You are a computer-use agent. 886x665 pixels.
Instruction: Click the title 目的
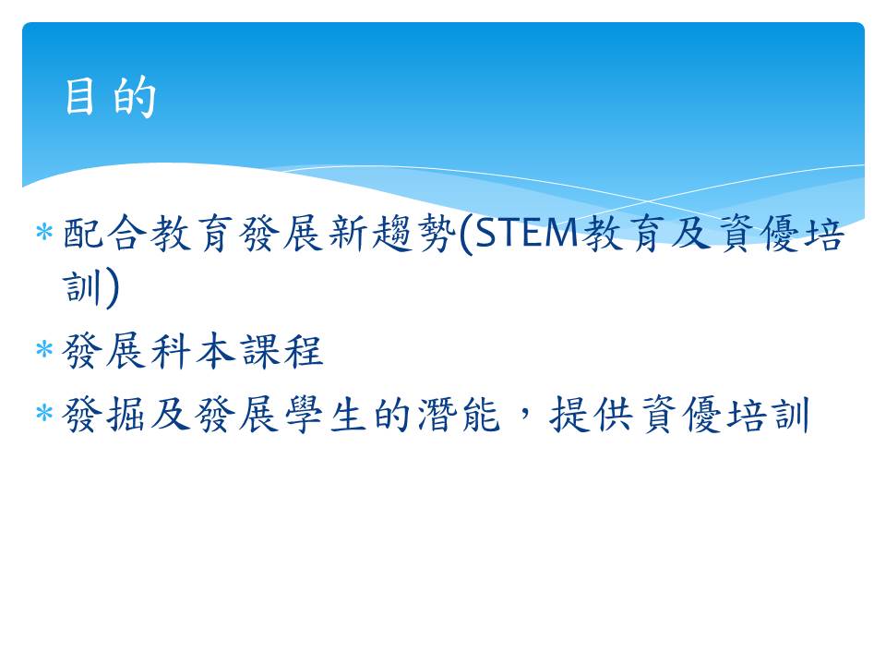[x=110, y=97]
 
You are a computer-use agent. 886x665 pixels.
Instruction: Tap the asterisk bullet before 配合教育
[x=44, y=233]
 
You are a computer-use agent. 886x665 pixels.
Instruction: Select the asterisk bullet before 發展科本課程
[x=44, y=349]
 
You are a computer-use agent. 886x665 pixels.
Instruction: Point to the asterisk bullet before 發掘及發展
[x=44, y=413]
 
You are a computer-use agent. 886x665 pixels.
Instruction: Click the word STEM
[x=527, y=233]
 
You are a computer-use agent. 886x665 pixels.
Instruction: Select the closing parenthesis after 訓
[x=112, y=288]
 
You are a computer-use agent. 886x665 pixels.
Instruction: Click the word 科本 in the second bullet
[x=193, y=351]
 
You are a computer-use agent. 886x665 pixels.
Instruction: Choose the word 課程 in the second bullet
[x=282, y=351]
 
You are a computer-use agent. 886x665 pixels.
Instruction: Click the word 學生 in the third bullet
[x=326, y=415]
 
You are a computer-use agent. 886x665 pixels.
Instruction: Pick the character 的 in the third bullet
[x=392, y=415]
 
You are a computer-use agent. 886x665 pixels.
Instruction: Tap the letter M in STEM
[x=564, y=233]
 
